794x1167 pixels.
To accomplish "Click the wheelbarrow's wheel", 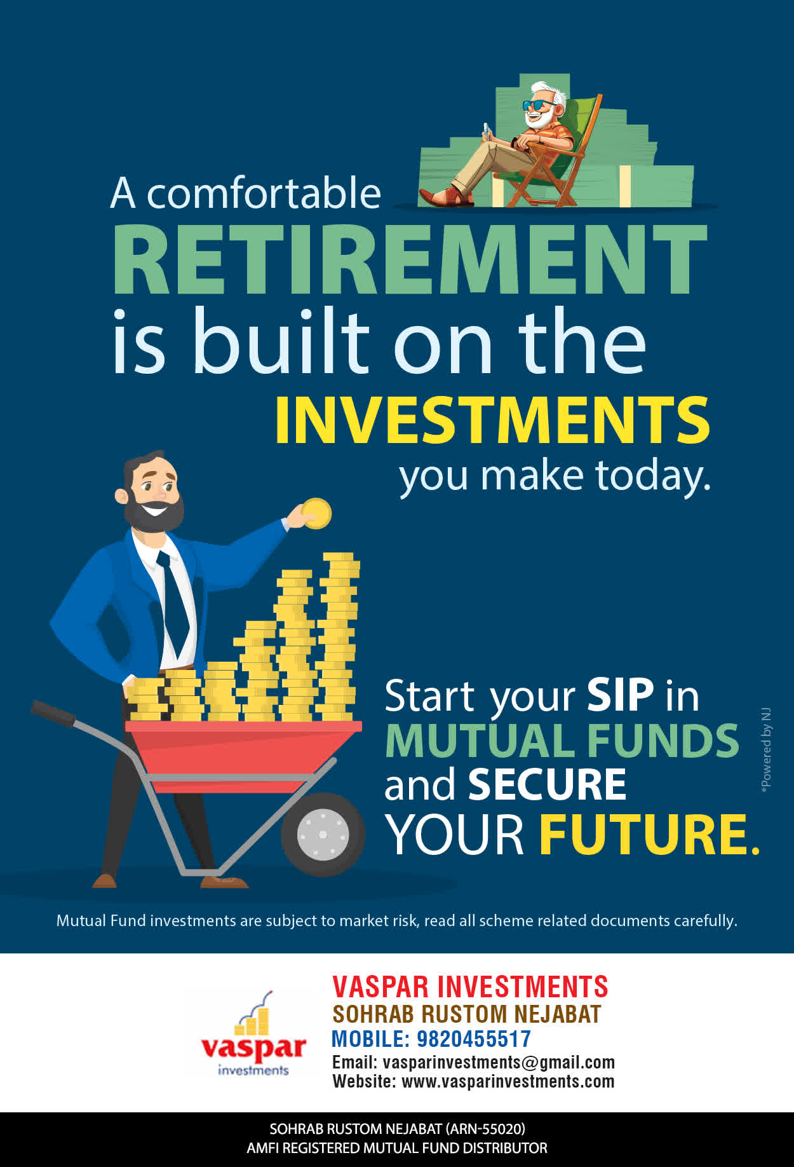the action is point(323,834).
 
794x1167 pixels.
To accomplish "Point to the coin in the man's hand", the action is point(316,514).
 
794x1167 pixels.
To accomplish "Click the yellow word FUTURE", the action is point(649,834).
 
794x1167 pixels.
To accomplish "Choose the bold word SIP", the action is point(620,695).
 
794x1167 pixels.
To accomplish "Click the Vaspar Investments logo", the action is point(253,1033).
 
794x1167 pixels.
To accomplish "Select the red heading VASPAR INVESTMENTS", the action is point(470,986).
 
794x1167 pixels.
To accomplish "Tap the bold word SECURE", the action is point(547,784).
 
